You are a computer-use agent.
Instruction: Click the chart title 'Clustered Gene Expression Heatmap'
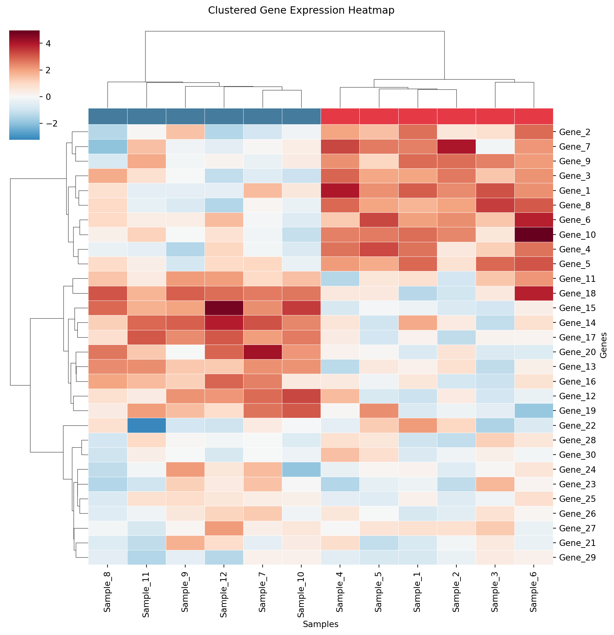(x=301, y=11)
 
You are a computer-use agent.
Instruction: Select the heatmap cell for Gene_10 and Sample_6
(x=534, y=235)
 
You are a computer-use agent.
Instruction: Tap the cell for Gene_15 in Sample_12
(x=224, y=308)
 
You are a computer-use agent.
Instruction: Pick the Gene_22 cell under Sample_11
(x=147, y=425)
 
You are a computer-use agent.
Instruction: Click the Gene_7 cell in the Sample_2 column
(x=456, y=146)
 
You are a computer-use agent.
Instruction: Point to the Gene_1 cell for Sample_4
(x=340, y=191)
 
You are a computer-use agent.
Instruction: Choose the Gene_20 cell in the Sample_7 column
(x=263, y=352)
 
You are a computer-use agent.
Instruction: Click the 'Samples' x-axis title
(x=320, y=624)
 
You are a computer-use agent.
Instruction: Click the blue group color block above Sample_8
(x=108, y=116)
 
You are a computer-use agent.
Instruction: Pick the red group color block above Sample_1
(x=418, y=116)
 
